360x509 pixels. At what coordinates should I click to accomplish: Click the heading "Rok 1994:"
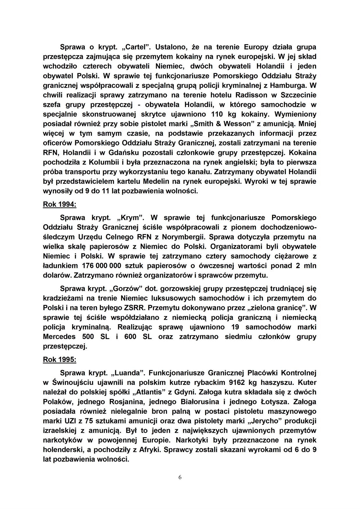60,204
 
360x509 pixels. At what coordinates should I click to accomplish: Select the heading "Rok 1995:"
60,360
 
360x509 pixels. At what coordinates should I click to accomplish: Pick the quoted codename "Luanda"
128,373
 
